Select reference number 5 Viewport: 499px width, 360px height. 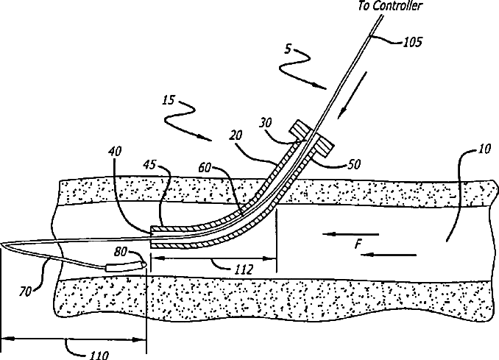[x=289, y=50]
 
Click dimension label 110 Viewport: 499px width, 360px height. [x=97, y=355]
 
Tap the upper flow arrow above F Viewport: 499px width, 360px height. [x=352, y=235]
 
